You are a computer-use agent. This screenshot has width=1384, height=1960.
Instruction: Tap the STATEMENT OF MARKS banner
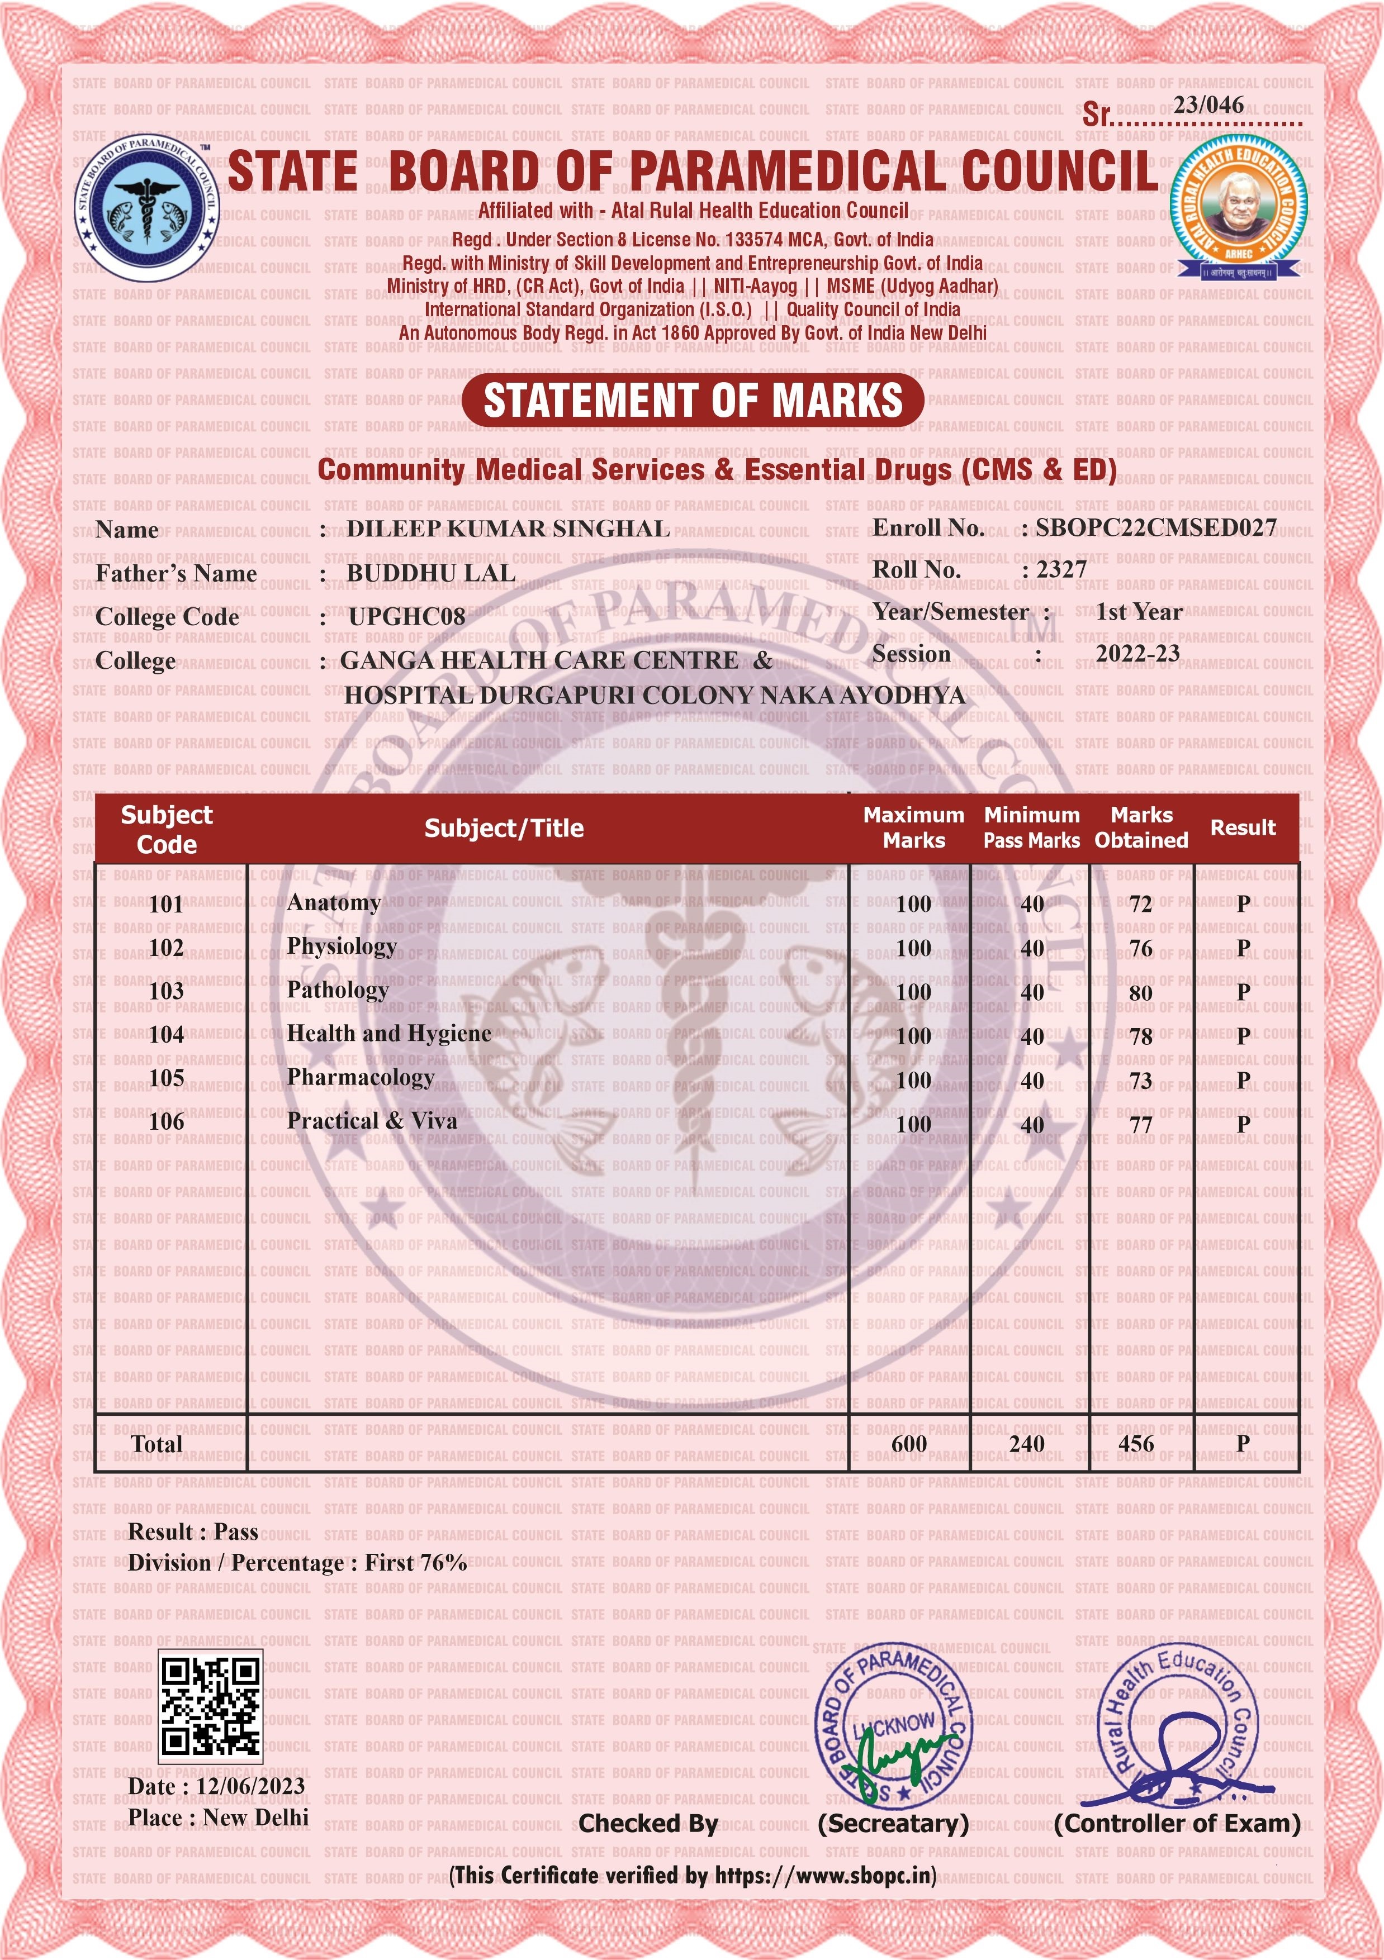[693, 401]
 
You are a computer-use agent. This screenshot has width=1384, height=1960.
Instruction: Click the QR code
[210, 1706]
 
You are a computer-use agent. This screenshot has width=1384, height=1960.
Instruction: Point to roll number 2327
[1061, 569]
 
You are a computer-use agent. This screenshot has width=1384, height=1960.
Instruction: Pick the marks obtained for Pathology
[1141, 992]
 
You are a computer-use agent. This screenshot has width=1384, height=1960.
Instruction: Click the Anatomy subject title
[334, 902]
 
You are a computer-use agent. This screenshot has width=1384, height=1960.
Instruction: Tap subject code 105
[167, 1078]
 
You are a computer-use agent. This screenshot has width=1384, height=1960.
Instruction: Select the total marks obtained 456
[1136, 1444]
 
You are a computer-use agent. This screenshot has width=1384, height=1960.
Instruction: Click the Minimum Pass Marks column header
[1031, 827]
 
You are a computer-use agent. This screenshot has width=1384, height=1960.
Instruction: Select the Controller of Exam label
[1177, 1824]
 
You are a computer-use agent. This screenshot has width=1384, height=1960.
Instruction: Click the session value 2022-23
[1137, 654]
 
